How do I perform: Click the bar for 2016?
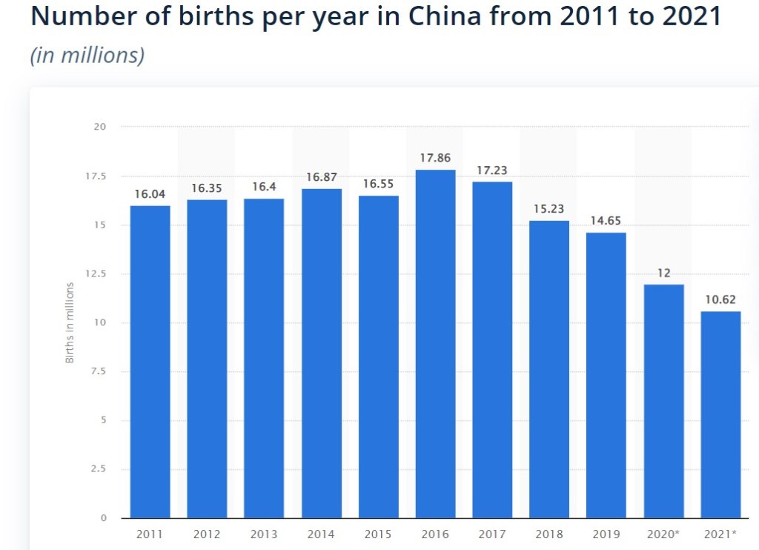[435, 344]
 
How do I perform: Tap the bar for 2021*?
[720, 415]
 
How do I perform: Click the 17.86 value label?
[435, 158]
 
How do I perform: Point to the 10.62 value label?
[720, 299]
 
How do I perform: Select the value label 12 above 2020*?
[663, 273]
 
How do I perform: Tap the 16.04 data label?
[150, 193]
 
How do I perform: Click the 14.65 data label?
[606, 221]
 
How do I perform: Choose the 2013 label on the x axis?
[264, 534]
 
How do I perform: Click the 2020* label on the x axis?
[663, 534]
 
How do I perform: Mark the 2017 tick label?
[492, 534]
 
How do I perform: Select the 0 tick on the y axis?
[104, 517]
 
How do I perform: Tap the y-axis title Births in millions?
[70, 322]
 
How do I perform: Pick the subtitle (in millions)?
[87, 56]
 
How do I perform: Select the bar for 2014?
[321, 354]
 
